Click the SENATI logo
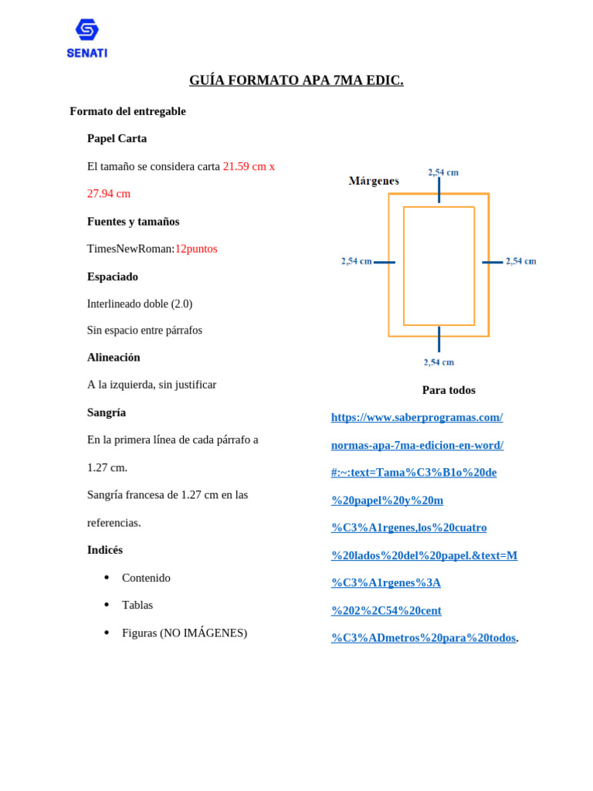point(86,39)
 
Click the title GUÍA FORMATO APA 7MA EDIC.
point(296,80)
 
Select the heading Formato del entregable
point(127,111)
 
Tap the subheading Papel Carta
point(117,139)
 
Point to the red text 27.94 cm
point(109,194)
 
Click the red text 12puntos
point(196,249)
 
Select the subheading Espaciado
point(113,277)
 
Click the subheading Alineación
point(114,358)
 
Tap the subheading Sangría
point(107,412)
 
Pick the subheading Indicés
point(105,550)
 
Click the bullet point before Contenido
point(106,578)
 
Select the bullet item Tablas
point(137,606)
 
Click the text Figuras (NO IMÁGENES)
point(185,633)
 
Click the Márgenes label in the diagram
point(374,181)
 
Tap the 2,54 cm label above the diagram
point(443,172)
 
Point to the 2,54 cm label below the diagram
point(439,362)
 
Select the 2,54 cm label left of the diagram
point(357,261)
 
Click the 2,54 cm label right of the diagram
point(521,261)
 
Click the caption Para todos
point(449,390)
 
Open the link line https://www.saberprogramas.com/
point(417,418)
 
